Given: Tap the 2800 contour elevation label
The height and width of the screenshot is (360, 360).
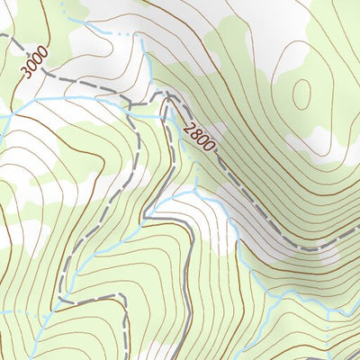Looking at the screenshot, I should pos(200,137).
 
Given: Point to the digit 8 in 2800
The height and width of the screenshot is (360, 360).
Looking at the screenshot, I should pos(196,133).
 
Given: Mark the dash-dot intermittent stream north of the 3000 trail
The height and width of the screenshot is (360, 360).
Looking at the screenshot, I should pos(108,35).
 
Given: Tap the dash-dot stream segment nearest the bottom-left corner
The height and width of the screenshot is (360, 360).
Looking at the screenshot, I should pos(18,311).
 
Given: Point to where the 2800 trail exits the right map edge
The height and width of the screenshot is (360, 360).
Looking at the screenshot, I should pos(358,229).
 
